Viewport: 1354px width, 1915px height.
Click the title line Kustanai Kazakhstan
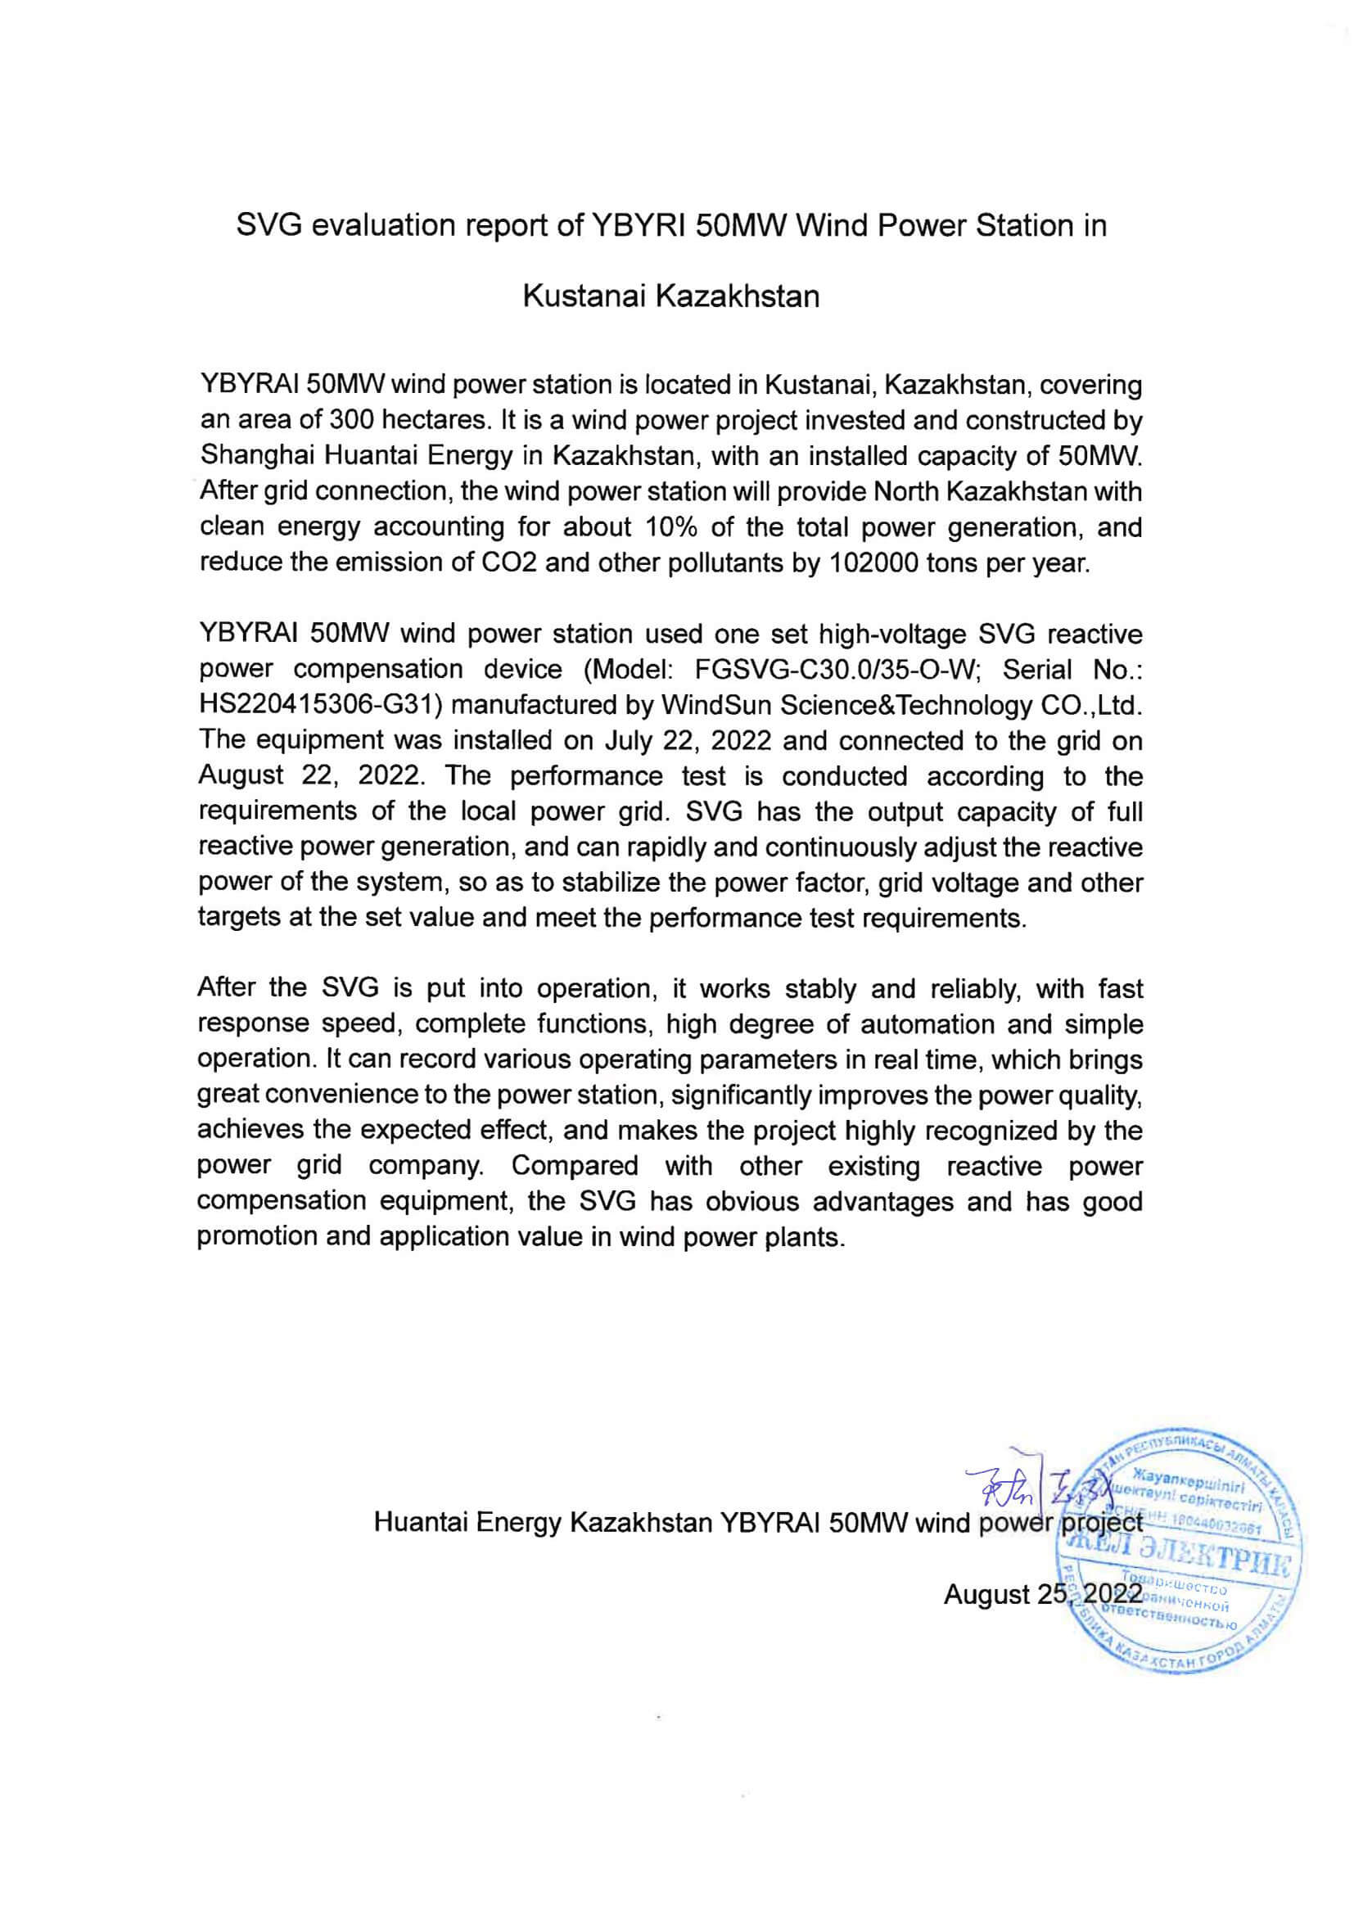pos(671,296)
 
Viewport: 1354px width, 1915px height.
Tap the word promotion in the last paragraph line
pos(256,1236)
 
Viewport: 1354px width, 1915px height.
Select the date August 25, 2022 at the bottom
pos(1042,1595)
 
